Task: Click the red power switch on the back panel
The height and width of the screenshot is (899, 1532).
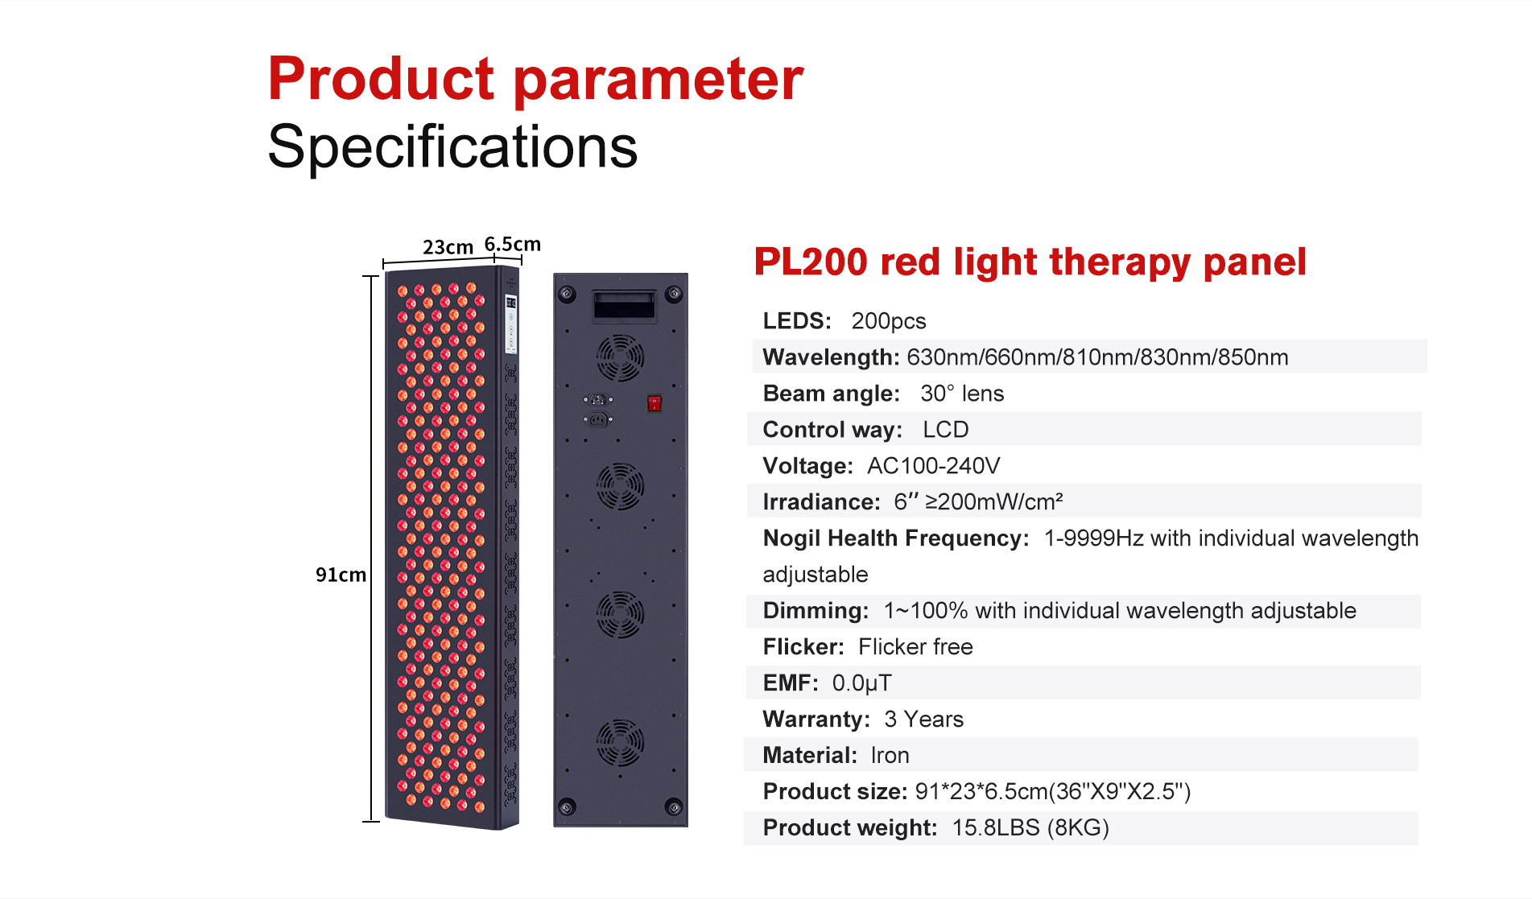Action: [x=655, y=403]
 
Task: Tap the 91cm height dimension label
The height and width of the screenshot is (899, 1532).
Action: [x=341, y=575]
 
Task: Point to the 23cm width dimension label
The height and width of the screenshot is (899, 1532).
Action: [x=448, y=247]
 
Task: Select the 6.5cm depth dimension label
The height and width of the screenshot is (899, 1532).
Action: [x=513, y=244]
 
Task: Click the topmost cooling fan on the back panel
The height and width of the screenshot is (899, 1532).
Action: [x=620, y=357]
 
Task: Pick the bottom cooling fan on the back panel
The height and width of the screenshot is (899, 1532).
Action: [x=620, y=743]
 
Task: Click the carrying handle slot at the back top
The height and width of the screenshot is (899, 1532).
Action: [x=624, y=306]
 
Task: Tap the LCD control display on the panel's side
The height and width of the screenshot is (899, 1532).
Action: [x=510, y=324]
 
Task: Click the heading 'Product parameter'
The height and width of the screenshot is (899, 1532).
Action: [x=535, y=79]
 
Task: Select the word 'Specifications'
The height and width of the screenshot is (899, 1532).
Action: [x=452, y=146]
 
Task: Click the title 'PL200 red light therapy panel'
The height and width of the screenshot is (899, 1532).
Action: [x=1030, y=262]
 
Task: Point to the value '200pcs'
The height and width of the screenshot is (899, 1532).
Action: [x=889, y=321]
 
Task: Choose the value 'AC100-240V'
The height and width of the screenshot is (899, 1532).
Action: [x=934, y=466]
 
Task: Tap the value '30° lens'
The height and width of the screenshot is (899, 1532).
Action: [x=962, y=394]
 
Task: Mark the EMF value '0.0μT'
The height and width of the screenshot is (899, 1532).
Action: [x=861, y=683]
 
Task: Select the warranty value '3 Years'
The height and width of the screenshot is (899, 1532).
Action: [x=923, y=720]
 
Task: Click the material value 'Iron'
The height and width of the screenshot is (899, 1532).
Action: [x=890, y=756]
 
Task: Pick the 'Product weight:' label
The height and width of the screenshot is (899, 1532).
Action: [x=850, y=828]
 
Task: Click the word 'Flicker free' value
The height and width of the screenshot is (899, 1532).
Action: [x=915, y=647]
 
